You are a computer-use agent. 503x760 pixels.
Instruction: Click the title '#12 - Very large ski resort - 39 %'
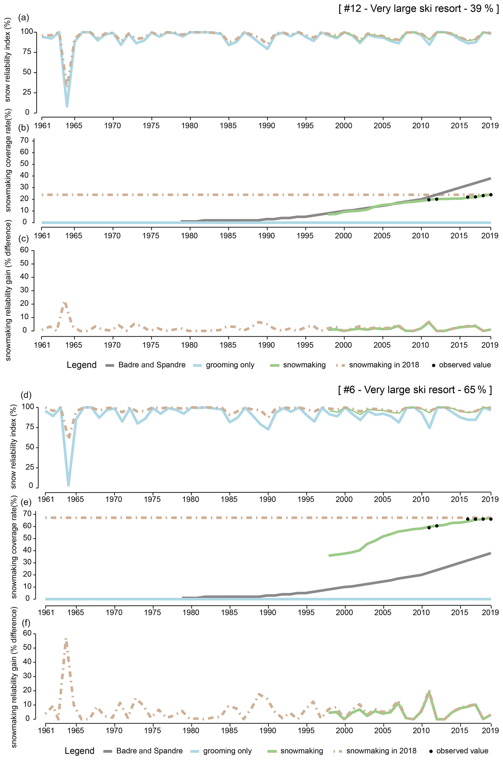tap(419, 9)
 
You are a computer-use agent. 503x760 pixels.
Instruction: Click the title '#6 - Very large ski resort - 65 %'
tap(415, 390)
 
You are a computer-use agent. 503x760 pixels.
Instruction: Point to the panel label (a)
tap(23, 17)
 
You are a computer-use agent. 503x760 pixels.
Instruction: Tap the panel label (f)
tap(26, 623)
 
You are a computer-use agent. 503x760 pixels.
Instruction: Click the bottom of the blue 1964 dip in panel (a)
tap(67, 106)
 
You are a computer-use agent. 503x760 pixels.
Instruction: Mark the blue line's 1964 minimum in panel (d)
tap(68, 485)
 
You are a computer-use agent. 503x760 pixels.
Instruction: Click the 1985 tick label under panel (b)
tap(228, 235)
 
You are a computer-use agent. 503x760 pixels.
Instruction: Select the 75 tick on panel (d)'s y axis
tap(29, 427)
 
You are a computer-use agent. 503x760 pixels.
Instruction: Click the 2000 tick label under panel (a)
tap(344, 125)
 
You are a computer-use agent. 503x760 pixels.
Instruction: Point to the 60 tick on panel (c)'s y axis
tap(24, 250)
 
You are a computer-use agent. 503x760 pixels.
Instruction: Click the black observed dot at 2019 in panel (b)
tap(491, 195)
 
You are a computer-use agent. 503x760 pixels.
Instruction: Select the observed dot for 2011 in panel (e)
tap(429, 528)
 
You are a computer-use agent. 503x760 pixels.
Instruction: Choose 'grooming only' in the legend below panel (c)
tap(230, 365)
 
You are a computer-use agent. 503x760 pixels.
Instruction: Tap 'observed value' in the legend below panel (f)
tap(462, 751)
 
